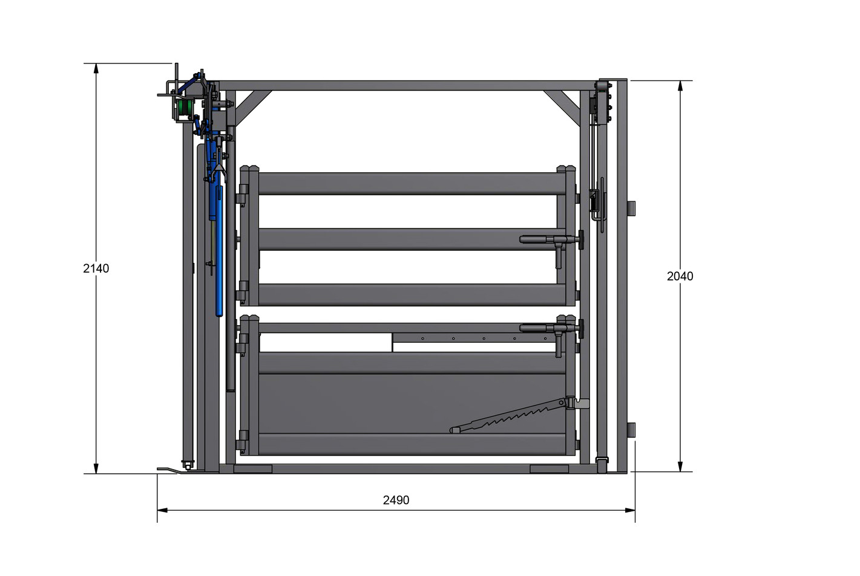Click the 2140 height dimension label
(96, 268)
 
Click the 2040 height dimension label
(680, 276)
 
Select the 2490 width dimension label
(396, 500)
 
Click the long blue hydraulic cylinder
(219, 249)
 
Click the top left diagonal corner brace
(254, 108)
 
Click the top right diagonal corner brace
(561, 105)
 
